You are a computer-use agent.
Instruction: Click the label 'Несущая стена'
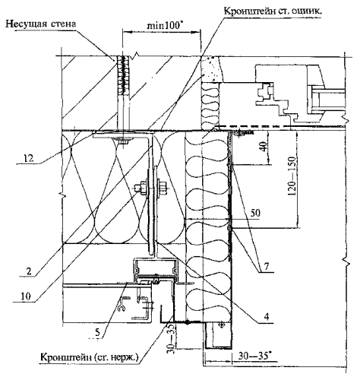click(40, 24)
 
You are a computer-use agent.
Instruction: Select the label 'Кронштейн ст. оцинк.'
click(273, 11)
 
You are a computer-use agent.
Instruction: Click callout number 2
click(30, 271)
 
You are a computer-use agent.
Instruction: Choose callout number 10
click(26, 296)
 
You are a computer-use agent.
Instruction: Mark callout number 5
click(97, 333)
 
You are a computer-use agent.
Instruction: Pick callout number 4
click(266, 316)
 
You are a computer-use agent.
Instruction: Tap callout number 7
click(266, 266)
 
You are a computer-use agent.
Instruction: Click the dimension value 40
click(264, 147)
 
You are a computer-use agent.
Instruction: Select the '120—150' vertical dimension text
click(292, 176)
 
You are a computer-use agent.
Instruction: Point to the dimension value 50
click(255, 213)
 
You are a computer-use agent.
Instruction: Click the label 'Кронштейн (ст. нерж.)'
click(90, 357)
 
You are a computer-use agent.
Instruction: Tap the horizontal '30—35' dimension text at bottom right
click(254, 356)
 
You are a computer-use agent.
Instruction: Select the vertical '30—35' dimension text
click(172, 337)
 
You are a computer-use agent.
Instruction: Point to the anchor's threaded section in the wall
click(124, 75)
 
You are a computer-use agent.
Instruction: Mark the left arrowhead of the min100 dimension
click(126, 32)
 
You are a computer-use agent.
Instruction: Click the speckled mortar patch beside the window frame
click(210, 68)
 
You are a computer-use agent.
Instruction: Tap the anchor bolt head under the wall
click(124, 141)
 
